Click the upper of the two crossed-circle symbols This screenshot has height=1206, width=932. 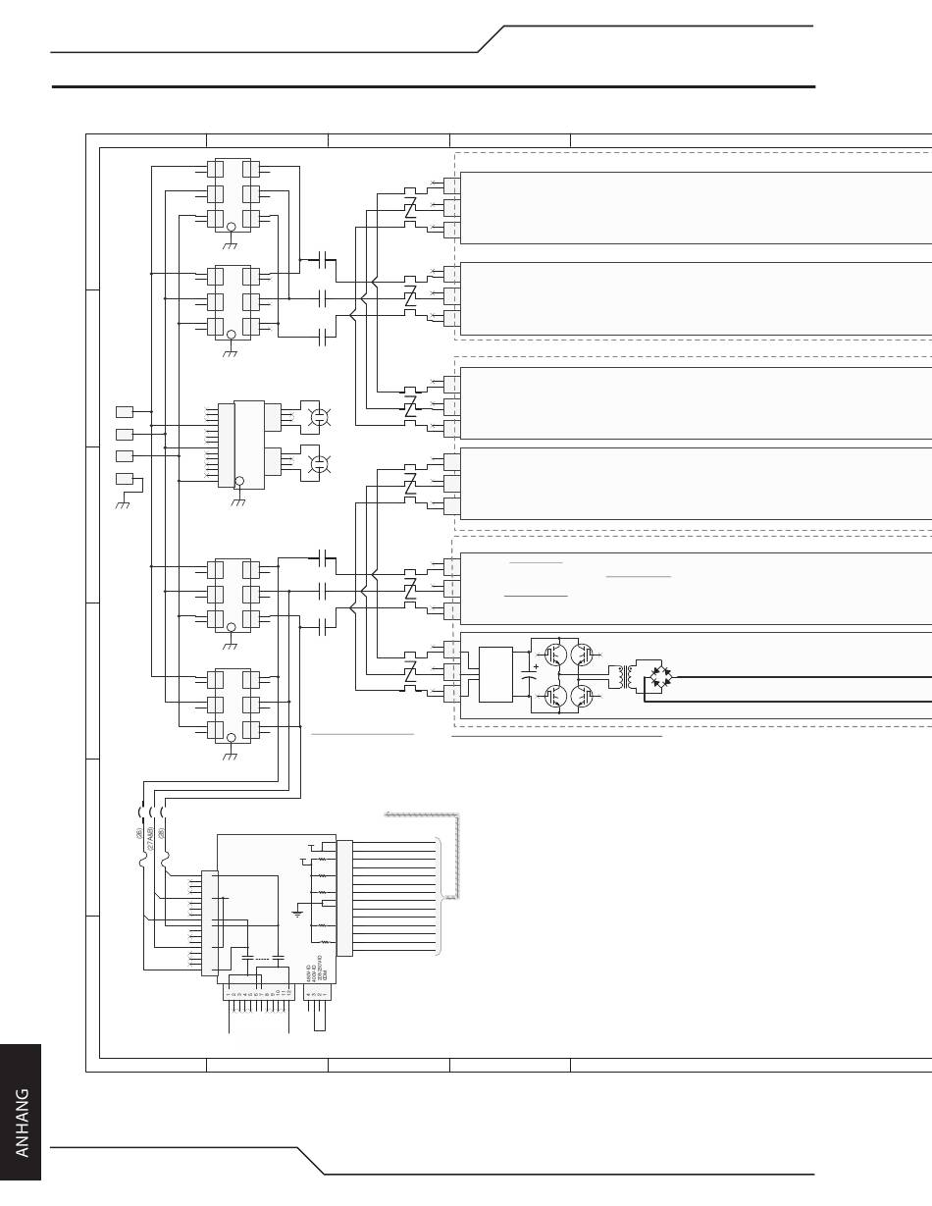(318, 417)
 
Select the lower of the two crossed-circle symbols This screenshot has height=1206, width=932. (318, 462)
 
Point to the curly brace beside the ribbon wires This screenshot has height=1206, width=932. (442, 894)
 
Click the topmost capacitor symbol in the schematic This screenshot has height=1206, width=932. (323, 259)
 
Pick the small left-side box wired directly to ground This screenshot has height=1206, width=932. (125, 479)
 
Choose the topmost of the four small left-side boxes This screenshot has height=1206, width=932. (125, 411)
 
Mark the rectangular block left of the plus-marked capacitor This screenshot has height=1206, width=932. (496, 674)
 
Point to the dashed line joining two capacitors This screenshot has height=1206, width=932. (262, 956)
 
